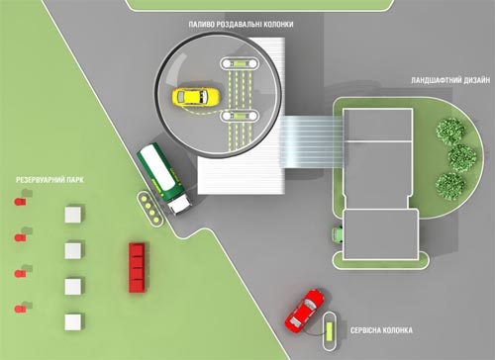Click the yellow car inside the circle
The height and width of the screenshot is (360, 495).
[x=196, y=97]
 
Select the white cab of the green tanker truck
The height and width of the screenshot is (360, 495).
[x=179, y=204]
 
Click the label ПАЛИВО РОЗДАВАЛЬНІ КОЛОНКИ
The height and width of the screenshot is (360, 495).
[x=241, y=25]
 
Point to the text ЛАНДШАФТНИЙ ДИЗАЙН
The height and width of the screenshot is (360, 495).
[x=450, y=80]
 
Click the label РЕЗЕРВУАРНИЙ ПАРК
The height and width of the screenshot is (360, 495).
[x=49, y=180]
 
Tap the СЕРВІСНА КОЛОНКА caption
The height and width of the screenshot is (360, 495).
[x=381, y=330]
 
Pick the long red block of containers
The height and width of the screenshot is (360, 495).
[x=137, y=268]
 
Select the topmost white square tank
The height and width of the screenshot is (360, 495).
[x=73, y=215]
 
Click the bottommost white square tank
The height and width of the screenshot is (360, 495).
[x=73, y=321]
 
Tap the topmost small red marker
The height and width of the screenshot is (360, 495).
[x=20, y=202]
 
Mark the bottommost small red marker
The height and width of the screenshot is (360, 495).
[x=20, y=309]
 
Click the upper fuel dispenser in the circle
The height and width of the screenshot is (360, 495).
[x=240, y=63]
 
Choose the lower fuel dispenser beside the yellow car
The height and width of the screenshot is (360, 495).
[x=240, y=116]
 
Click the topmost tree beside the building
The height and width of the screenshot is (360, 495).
[x=450, y=132]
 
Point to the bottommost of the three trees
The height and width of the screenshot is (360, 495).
[x=450, y=186]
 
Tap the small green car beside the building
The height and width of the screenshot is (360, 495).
[x=338, y=234]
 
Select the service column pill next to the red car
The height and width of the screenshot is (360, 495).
[x=330, y=331]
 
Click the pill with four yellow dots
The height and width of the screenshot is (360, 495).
[x=150, y=209]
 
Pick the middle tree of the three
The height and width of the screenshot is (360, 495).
[x=462, y=158]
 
